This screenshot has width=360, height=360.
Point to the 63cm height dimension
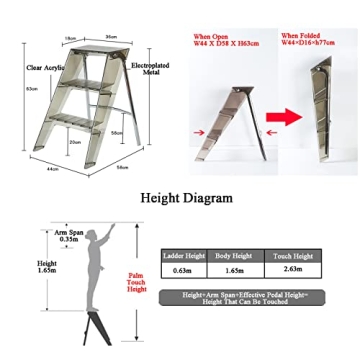(x=32, y=89)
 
